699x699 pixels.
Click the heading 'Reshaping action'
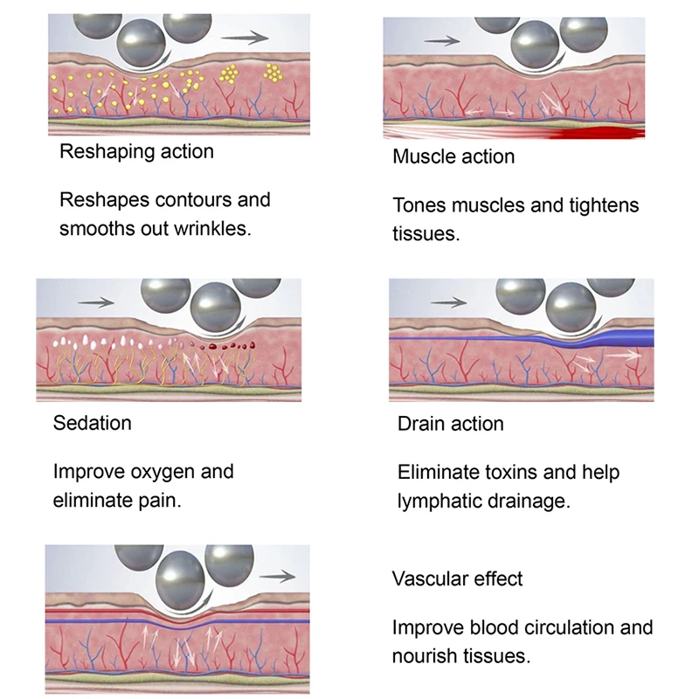[x=136, y=152]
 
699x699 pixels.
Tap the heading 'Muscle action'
[x=453, y=157]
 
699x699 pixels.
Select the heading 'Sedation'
[x=93, y=423]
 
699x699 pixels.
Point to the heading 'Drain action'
[x=451, y=425]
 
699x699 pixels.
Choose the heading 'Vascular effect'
[x=458, y=578]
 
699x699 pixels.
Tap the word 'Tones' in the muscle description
[x=419, y=206]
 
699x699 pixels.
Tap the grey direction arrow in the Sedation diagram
[x=95, y=302]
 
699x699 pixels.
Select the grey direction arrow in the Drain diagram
[x=449, y=302]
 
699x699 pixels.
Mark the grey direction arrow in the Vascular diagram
[x=280, y=576]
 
